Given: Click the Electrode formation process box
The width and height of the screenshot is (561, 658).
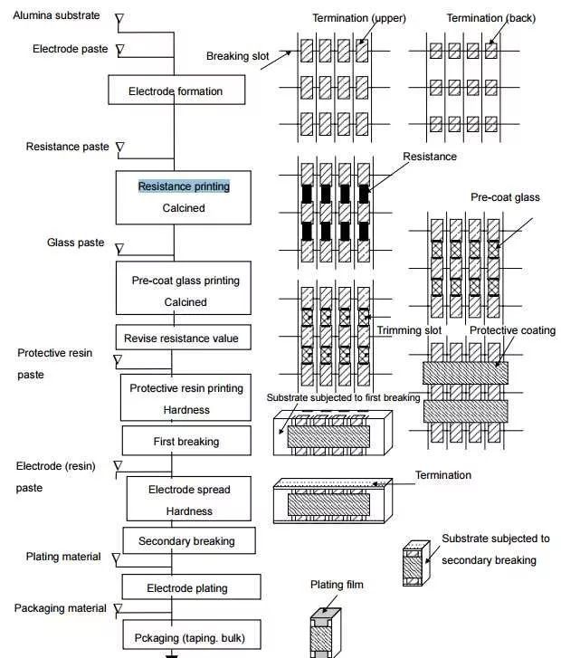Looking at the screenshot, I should (x=175, y=91).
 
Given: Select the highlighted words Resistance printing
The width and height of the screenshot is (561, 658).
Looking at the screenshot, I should (x=184, y=186).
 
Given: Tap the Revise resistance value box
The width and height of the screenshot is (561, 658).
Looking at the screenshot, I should (x=182, y=339).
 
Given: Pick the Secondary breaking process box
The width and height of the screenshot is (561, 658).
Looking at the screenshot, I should (x=186, y=541).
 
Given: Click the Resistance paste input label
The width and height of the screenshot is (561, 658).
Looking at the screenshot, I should (x=67, y=147).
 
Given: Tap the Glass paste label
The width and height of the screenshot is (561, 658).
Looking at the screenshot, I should (x=75, y=243).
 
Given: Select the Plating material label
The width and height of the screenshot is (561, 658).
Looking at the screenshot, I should (x=63, y=557).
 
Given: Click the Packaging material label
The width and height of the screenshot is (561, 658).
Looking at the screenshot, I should (x=60, y=608).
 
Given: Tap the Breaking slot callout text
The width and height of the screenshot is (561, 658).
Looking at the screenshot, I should (x=238, y=56).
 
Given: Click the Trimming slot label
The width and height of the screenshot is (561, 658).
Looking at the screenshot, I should (x=409, y=330).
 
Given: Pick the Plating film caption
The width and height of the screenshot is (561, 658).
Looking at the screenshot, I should (x=337, y=585).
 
